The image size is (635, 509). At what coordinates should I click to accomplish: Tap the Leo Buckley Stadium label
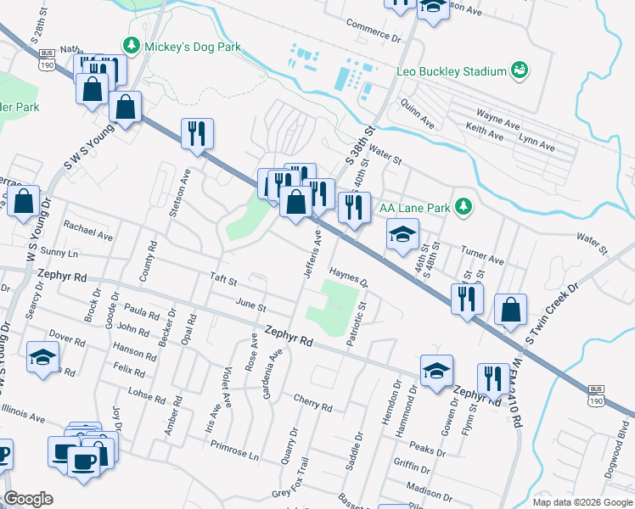pyautogui.click(x=451, y=71)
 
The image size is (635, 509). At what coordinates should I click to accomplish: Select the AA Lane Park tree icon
pyautogui.click(x=463, y=206)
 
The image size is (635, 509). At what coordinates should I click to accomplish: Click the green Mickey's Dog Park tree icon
pyautogui.click(x=131, y=46)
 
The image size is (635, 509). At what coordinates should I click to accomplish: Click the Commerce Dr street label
pyautogui.click(x=372, y=31)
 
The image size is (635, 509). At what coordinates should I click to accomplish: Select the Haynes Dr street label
pyautogui.click(x=348, y=277)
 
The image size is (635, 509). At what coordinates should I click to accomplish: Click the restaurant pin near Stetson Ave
pyautogui.click(x=197, y=134)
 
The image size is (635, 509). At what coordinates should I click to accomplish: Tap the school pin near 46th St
pyautogui.click(x=403, y=235)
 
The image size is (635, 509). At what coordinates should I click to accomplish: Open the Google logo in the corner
pyautogui.click(x=28, y=499)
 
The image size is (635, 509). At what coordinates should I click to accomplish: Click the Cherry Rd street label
pyautogui.click(x=312, y=402)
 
